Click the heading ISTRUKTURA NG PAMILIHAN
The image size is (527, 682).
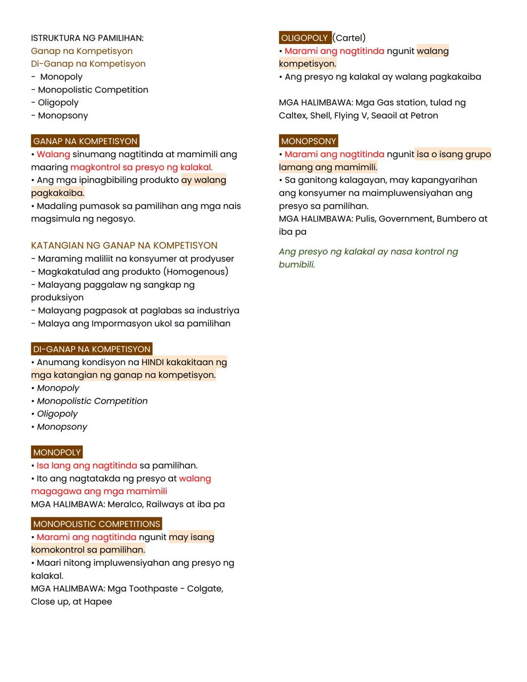[x=87, y=38]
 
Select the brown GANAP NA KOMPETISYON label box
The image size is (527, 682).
[x=85, y=141]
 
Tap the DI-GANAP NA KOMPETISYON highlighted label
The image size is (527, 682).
[x=92, y=349]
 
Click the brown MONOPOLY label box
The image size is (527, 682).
[x=57, y=453]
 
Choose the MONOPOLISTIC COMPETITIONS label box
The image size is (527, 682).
[x=97, y=524]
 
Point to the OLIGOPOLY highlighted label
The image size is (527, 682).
[x=304, y=38]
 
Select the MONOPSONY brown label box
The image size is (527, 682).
[x=308, y=141]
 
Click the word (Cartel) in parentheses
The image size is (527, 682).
[x=349, y=38]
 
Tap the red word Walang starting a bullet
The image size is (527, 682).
[x=53, y=154]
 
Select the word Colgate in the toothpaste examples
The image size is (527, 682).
[x=204, y=589]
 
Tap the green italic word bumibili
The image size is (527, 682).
[x=297, y=265]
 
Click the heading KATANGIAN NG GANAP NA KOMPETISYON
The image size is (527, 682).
[x=124, y=246]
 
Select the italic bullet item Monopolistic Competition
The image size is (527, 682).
[x=92, y=401]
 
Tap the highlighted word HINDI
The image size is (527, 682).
[x=153, y=362]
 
